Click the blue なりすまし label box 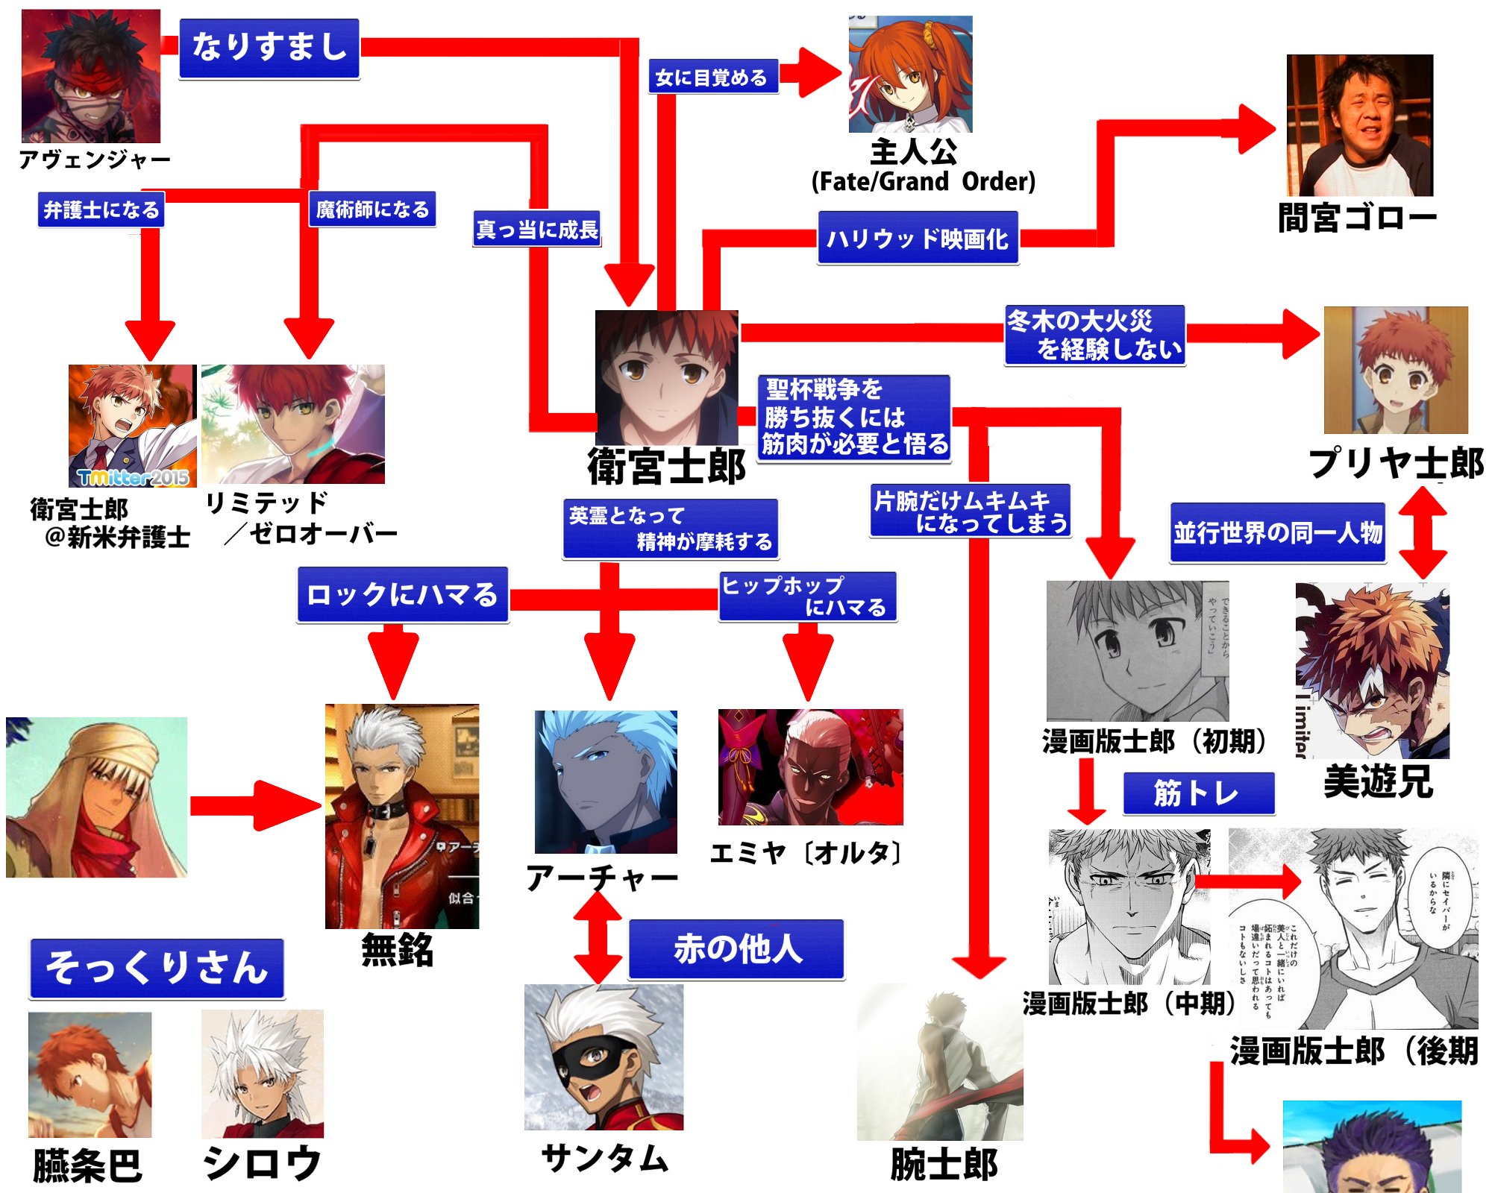(x=269, y=48)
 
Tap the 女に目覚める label (x=712, y=77)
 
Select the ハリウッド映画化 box (x=918, y=238)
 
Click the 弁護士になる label (x=101, y=210)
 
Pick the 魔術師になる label (x=372, y=210)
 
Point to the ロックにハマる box (x=402, y=594)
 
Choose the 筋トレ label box (x=1198, y=793)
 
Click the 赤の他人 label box (x=736, y=949)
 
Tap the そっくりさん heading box (x=157, y=968)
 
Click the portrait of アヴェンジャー (x=90, y=76)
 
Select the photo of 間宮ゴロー (x=1359, y=125)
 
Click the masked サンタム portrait (x=603, y=1057)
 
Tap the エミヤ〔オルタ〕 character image (x=810, y=767)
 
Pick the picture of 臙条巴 (x=90, y=1074)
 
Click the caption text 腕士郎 (x=944, y=1165)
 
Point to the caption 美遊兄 (x=1378, y=782)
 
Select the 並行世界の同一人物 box (x=1277, y=532)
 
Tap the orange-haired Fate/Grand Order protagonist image (x=910, y=75)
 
